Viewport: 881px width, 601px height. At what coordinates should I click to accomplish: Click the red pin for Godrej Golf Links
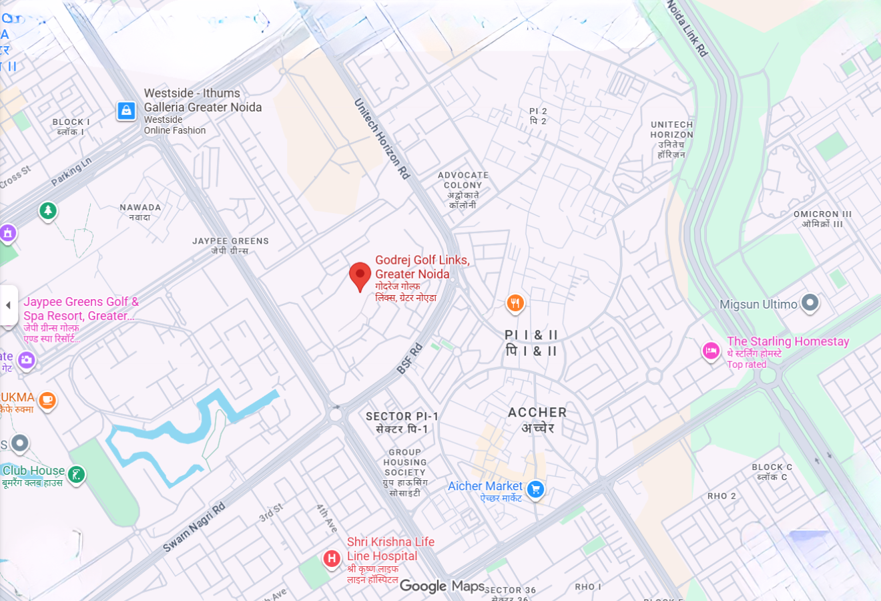tap(360, 276)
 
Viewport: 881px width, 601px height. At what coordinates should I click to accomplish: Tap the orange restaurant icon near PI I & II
tap(515, 304)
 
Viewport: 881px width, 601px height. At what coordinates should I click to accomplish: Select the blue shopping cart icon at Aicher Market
tap(535, 489)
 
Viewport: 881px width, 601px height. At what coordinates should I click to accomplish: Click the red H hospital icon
tap(332, 558)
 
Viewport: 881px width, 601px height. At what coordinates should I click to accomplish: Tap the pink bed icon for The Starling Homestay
tap(711, 351)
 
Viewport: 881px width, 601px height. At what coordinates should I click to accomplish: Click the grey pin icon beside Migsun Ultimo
tap(810, 303)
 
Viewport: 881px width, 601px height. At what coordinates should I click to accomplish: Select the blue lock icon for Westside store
tap(126, 111)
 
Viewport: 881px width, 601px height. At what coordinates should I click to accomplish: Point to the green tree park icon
tap(47, 211)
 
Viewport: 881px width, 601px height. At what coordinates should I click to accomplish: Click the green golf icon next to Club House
tap(77, 475)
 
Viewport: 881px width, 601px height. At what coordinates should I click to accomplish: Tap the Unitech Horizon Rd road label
tap(381, 139)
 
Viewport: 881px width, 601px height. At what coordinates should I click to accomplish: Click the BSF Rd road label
tap(410, 359)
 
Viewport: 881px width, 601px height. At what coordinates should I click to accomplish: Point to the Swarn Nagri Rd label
tap(194, 527)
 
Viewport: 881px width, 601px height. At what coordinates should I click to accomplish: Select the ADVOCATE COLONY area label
tap(463, 180)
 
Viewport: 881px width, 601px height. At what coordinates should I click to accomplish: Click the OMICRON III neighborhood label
tap(822, 214)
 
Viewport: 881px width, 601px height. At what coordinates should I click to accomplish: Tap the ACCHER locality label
tap(537, 413)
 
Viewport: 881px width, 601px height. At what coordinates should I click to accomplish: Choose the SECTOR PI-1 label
tap(402, 417)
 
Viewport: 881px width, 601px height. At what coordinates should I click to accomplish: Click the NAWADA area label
tap(140, 208)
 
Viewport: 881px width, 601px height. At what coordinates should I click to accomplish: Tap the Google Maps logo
tap(442, 586)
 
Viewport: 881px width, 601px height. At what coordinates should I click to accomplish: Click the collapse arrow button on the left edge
tap(8, 305)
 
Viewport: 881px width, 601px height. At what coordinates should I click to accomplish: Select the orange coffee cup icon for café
tap(47, 400)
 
